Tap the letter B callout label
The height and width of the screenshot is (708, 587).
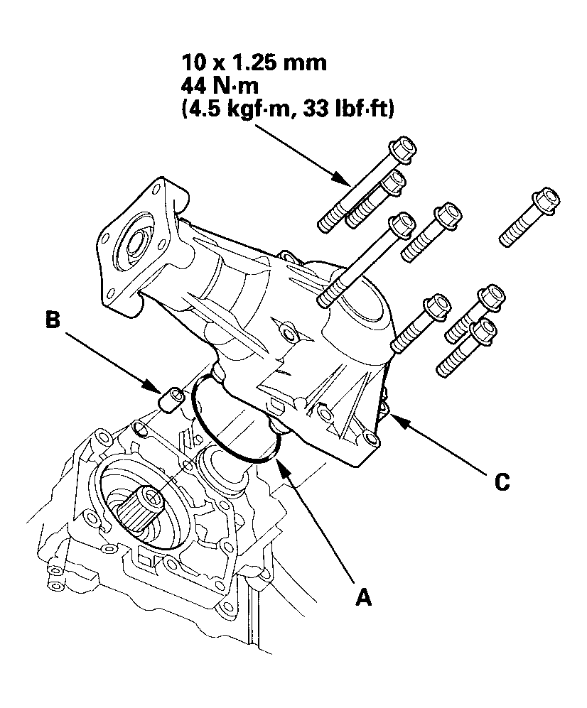[53, 320]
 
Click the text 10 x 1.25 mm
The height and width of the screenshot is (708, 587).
[254, 62]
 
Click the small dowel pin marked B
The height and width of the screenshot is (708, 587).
[173, 399]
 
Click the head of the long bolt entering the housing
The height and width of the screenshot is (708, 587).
[402, 224]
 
